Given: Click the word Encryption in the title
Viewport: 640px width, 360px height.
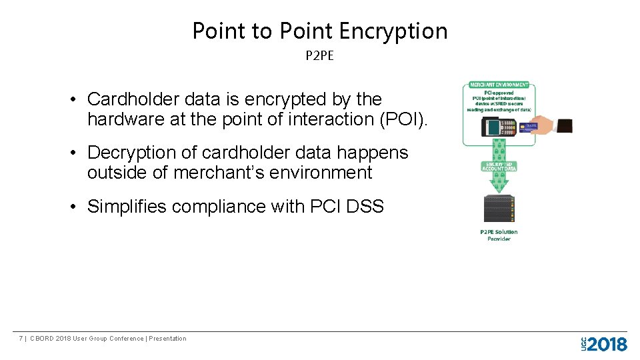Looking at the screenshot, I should tap(393, 31).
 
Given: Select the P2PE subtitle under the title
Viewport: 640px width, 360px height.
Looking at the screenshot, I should tap(319, 56).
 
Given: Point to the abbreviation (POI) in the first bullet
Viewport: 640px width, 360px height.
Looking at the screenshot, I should tap(408, 119).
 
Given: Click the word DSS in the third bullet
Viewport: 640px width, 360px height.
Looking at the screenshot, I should tap(365, 207).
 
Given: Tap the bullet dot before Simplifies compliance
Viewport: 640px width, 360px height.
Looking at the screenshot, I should tap(76, 207).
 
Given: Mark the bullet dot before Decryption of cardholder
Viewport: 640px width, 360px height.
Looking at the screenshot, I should tap(76, 153).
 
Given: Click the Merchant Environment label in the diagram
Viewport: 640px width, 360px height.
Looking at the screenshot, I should tap(499, 85).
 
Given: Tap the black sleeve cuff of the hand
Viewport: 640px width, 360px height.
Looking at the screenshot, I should tap(564, 125).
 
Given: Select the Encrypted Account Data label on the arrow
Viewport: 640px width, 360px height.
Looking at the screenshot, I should tap(499, 167).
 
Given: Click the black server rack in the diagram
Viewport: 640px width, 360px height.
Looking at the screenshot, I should tap(499, 208).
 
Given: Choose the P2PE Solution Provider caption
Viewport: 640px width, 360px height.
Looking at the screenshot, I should tap(499, 235).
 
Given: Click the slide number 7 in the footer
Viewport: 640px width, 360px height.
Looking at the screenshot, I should tap(21, 339).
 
